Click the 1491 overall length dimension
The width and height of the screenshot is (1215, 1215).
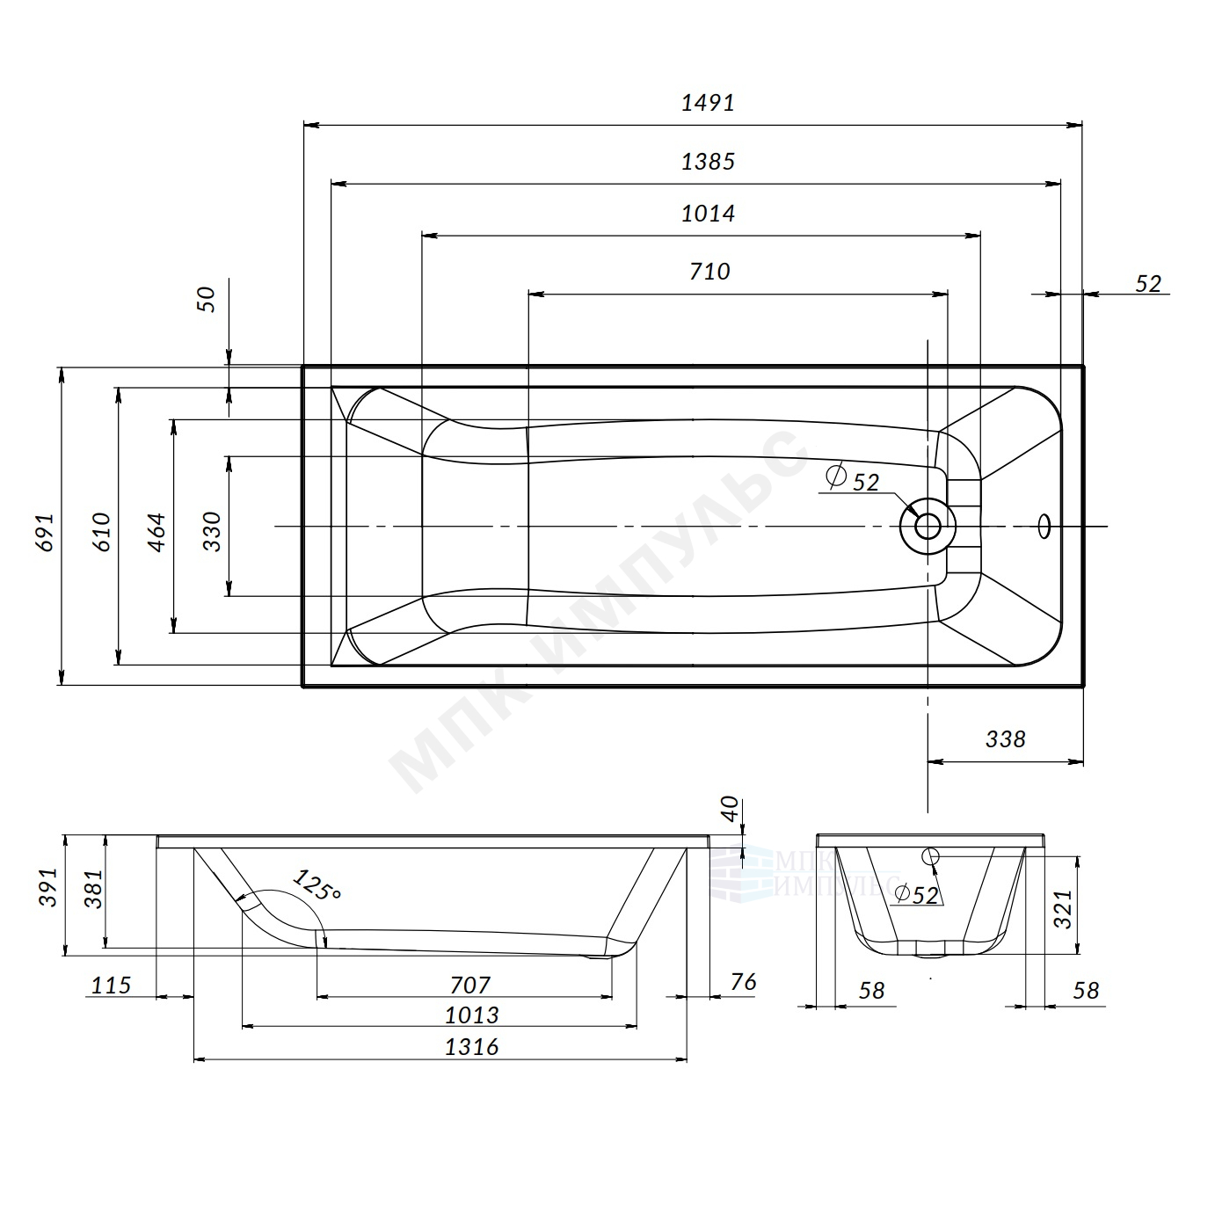[x=708, y=103]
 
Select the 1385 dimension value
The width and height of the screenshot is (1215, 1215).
[x=708, y=162]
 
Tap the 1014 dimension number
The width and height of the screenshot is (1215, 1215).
[x=708, y=214]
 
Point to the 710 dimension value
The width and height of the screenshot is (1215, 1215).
[x=709, y=272]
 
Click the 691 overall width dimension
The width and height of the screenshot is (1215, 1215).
[x=46, y=533]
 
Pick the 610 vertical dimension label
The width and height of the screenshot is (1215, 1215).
[x=101, y=533]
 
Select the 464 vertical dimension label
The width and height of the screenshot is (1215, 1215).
[x=156, y=533]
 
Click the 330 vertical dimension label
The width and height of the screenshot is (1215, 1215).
[x=213, y=532]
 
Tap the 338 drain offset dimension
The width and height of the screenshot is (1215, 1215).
[x=1006, y=739]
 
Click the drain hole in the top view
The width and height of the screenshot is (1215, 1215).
[x=928, y=526]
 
